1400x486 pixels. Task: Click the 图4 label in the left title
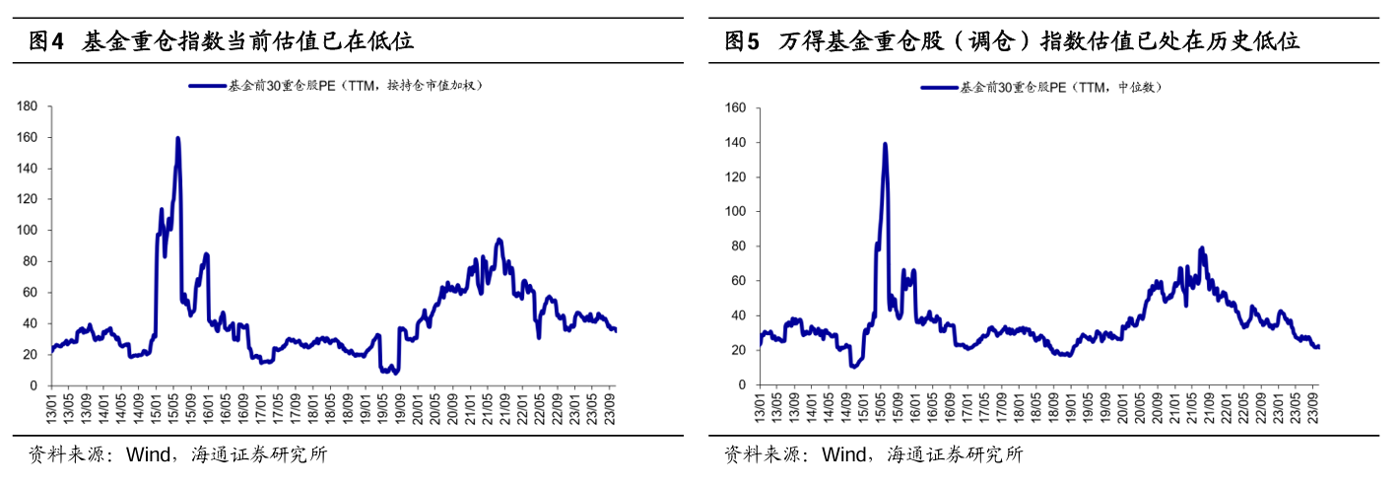click(47, 41)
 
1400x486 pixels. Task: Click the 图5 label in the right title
click(743, 41)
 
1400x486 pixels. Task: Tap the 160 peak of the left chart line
click(177, 138)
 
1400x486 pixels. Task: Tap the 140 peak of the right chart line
click(885, 144)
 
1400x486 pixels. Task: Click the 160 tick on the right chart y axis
click(735, 108)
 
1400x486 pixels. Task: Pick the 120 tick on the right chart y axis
click(735, 177)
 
